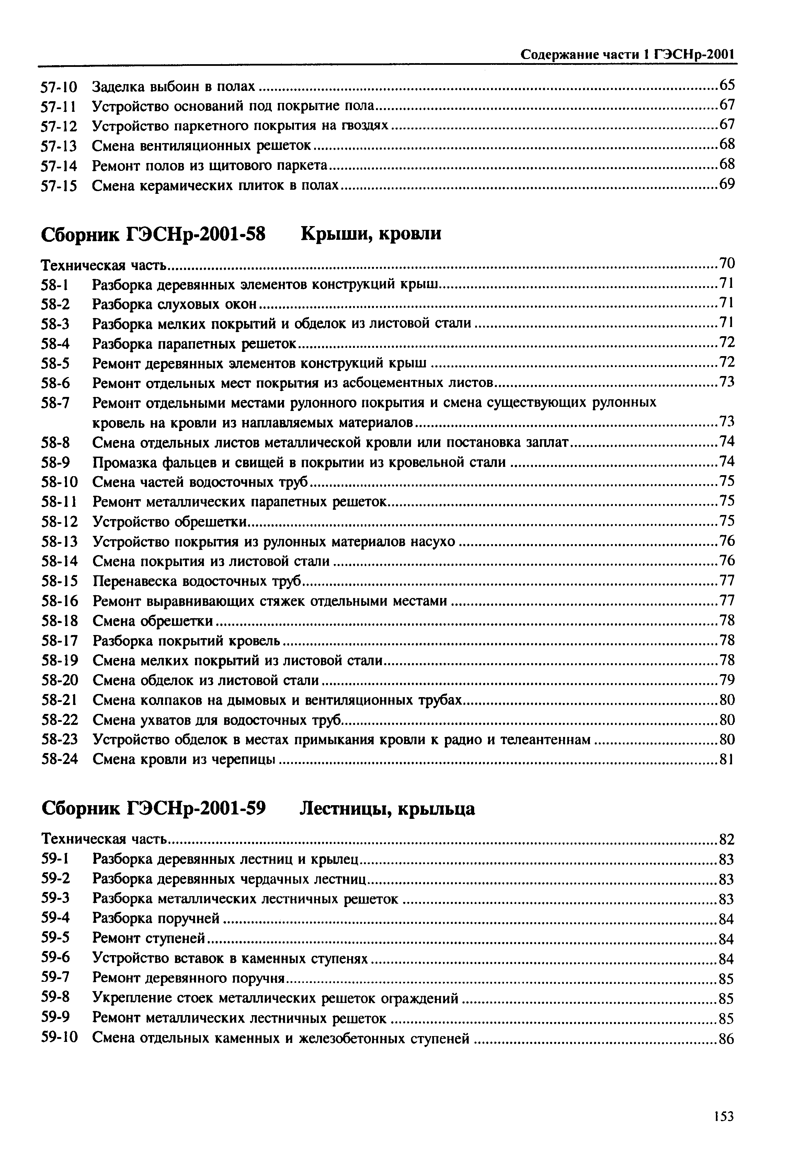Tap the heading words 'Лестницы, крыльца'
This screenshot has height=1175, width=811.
click(x=387, y=808)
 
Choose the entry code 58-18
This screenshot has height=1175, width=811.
click(x=59, y=621)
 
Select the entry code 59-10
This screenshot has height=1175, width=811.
click(x=59, y=1038)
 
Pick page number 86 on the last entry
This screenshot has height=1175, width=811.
click(x=727, y=1039)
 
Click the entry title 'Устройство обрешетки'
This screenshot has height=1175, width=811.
click(x=170, y=521)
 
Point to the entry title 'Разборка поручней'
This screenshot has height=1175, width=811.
click(x=156, y=918)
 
